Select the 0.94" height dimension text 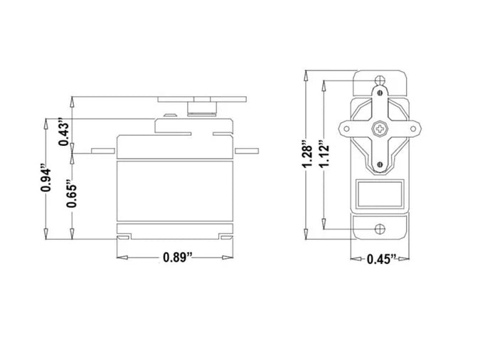(46, 179)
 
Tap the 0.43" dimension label (65, 132)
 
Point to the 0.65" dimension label (73, 194)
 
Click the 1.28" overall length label (307, 154)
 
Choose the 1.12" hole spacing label (324, 154)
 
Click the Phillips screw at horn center (380, 129)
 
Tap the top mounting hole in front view (380, 80)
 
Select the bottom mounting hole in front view (380, 229)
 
